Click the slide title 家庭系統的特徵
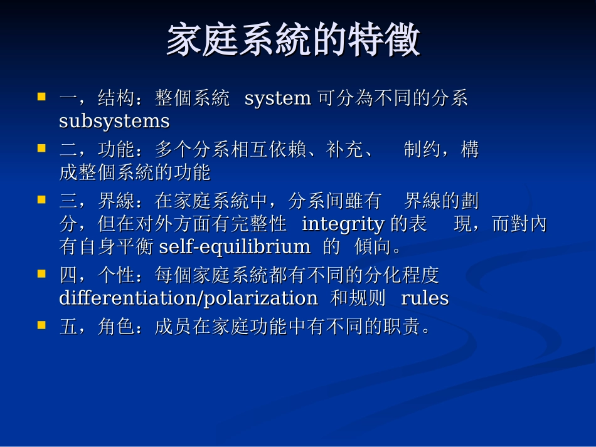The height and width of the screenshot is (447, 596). tap(293, 41)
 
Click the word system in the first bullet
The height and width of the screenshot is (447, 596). tap(277, 98)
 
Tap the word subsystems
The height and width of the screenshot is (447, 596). tap(114, 121)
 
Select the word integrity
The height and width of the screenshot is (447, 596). tap(343, 224)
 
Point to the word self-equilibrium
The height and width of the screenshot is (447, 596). tap(235, 247)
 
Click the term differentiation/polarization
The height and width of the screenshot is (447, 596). tap(188, 298)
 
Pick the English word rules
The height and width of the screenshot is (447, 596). tap(425, 298)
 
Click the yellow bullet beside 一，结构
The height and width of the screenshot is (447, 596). tap(42, 97)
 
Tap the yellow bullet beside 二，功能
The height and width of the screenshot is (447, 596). tap(42, 149)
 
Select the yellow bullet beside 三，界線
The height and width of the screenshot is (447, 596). tap(42, 200)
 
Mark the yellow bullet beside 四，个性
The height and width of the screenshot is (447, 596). tap(42, 274)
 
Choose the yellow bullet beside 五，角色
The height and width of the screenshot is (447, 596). tap(42, 325)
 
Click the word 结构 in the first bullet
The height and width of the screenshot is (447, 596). tap(117, 98)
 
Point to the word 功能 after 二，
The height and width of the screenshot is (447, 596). tap(117, 150)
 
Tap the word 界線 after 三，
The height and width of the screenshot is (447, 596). tap(117, 201)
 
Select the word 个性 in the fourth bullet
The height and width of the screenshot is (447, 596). tap(117, 275)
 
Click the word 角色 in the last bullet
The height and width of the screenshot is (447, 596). tap(117, 327)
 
